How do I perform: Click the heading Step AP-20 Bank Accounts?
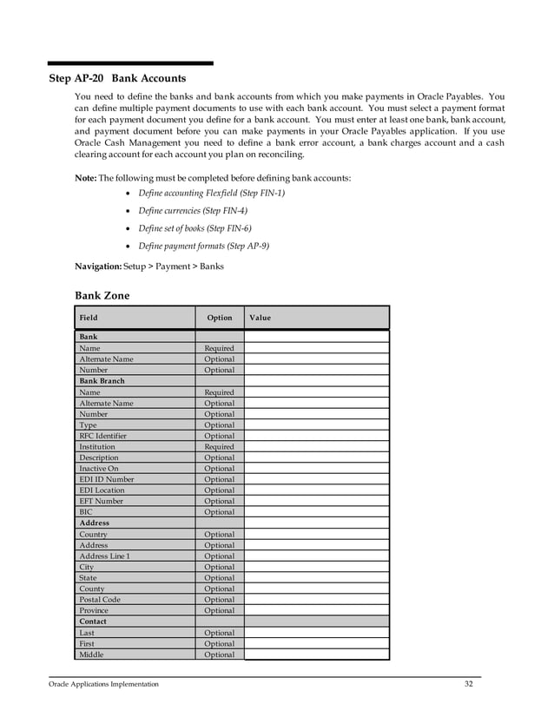116,78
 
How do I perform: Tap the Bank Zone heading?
102,295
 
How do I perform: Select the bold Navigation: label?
98,266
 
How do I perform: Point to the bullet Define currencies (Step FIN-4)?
193,211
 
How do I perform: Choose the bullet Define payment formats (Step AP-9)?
203,246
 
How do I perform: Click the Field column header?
89,318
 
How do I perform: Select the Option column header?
219,318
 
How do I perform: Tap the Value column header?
260,318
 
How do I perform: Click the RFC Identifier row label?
102,436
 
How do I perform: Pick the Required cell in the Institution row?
219,447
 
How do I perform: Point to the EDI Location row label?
102,490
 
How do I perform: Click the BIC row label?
86,512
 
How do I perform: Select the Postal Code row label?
100,600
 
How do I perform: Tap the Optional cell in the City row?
219,567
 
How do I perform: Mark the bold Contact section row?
93,622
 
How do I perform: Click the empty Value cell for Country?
316,535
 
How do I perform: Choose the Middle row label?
91,655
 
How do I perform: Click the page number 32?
469,684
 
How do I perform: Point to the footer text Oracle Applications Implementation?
103,685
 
